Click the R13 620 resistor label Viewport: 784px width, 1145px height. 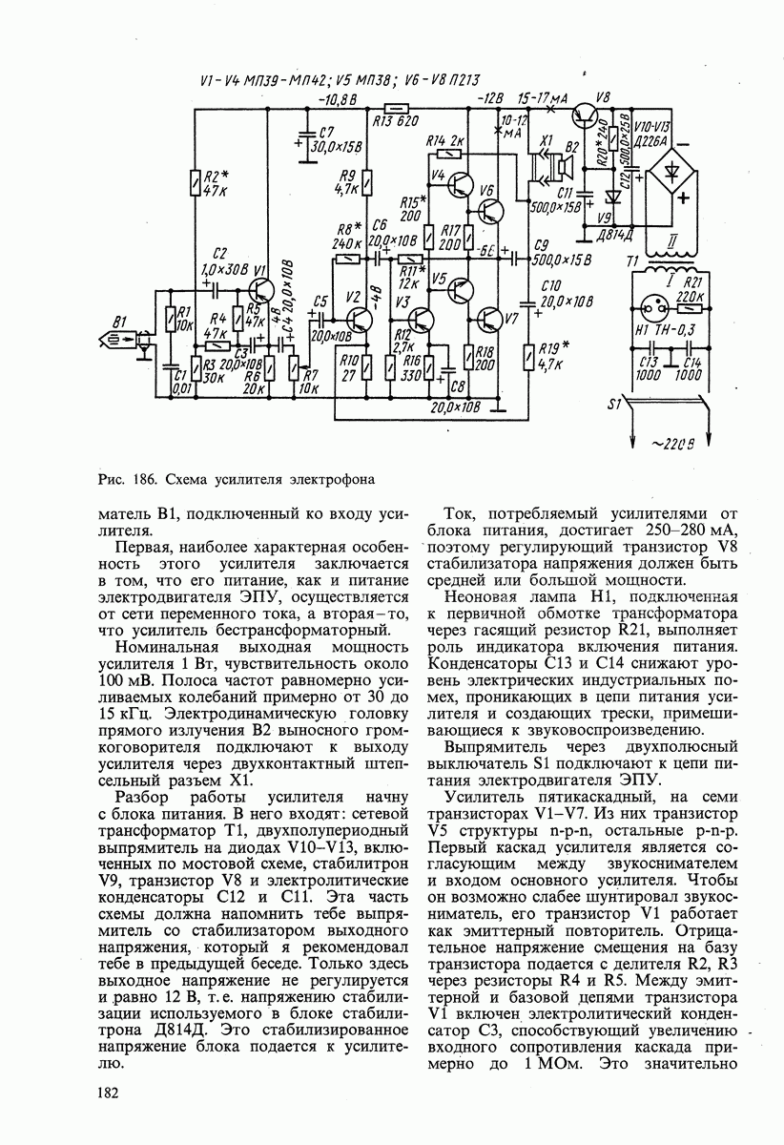(x=396, y=121)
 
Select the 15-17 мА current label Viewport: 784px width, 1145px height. (x=543, y=98)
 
